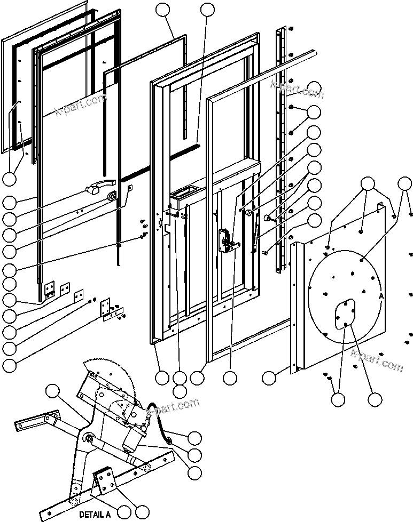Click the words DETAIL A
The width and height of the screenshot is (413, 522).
point(95,515)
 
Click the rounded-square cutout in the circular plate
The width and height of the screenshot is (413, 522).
point(345,313)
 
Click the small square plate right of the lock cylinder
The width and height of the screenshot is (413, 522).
point(129,187)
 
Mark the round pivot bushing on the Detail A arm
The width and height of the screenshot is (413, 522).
point(89,439)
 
